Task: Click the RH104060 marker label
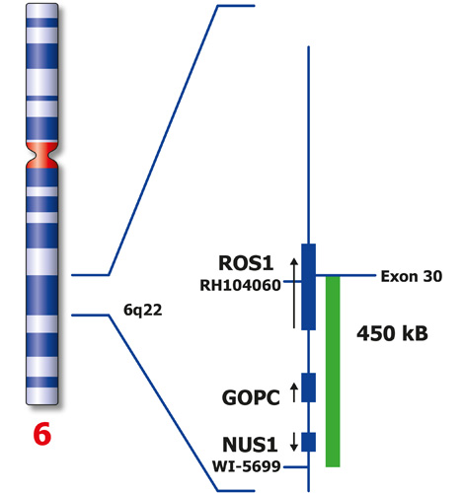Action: click(x=238, y=285)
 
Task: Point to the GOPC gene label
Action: click(x=246, y=396)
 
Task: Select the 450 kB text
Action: click(x=392, y=333)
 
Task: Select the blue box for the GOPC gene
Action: click(x=308, y=387)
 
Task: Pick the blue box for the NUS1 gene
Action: click(x=308, y=441)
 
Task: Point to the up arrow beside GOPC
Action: click(x=293, y=392)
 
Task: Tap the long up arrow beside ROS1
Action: click(x=292, y=290)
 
